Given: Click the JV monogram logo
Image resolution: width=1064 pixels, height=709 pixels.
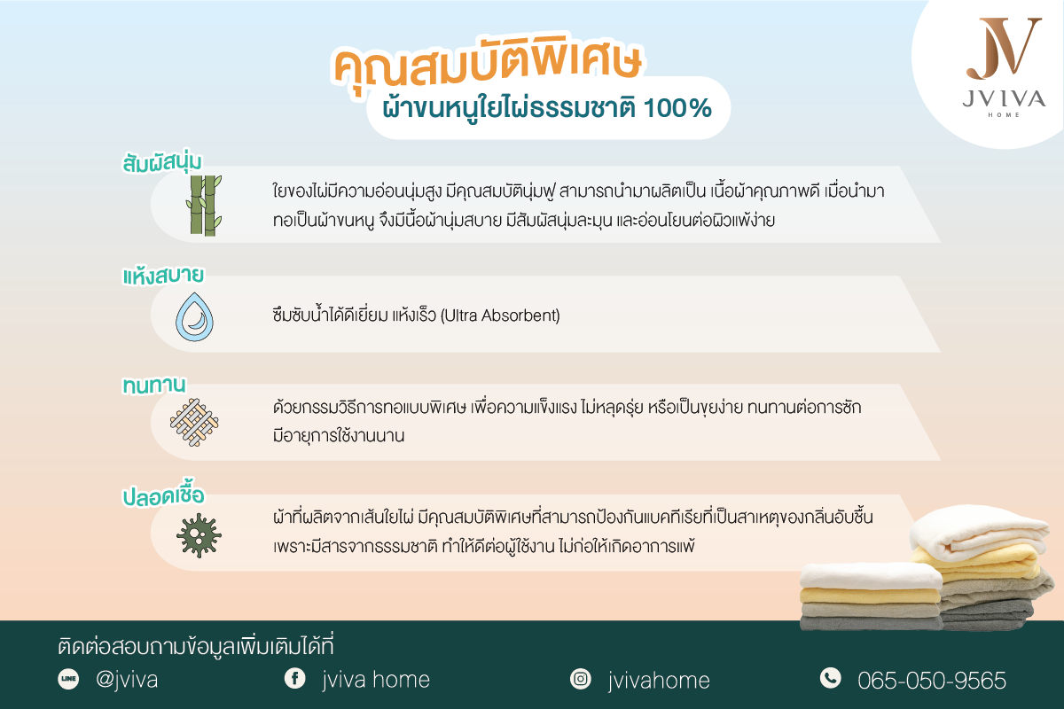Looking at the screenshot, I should (1004, 48).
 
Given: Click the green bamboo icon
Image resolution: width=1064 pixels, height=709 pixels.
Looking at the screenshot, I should (203, 205).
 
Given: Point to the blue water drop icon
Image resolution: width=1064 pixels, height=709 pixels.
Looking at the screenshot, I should (195, 315).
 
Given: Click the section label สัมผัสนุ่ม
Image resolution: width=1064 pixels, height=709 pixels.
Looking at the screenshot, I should (162, 163).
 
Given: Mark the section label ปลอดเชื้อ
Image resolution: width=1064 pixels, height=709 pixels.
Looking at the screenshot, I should (168, 495).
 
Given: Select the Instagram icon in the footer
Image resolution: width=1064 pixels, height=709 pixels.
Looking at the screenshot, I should (581, 680).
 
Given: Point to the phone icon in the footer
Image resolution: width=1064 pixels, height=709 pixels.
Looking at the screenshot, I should (830, 679).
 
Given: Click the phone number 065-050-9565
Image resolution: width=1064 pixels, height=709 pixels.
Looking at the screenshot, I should (932, 681).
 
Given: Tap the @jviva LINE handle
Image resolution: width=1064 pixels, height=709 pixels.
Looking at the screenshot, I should (126, 681).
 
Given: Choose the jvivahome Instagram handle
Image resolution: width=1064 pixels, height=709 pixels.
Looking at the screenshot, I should (659, 681).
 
